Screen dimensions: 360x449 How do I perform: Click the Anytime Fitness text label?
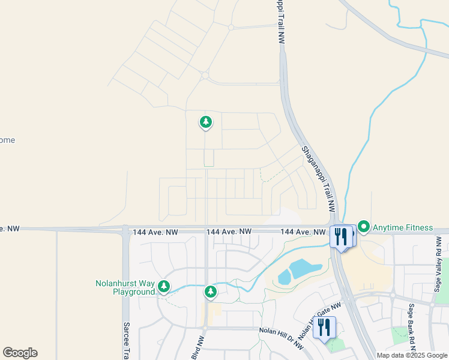[x=403, y=227]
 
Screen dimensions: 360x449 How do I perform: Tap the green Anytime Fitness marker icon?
[x=363, y=227]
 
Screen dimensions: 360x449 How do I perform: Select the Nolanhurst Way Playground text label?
[x=125, y=287]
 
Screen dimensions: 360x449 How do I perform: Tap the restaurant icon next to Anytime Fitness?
[x=341, y=236]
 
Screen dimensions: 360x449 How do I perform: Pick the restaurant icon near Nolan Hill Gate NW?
[x=324, y=328]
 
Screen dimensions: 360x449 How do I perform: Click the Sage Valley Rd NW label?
[x=438, y=264]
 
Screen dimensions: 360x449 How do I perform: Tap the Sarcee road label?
[x=127, y=341]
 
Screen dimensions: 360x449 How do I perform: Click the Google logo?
[x=20, y=353]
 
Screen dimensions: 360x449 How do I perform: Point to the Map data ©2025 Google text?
[x=412, y=355]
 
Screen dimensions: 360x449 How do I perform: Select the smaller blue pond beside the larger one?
[x=284, y=278]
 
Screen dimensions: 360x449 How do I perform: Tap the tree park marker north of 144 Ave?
[x=205, y=122]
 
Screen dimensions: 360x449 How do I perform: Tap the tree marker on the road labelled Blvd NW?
[x=210, y=292]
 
